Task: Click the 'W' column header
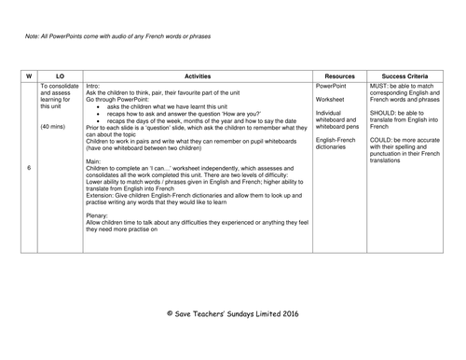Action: (29, 74)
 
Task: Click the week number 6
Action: (29, 167)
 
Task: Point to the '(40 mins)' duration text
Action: (56, 127)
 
